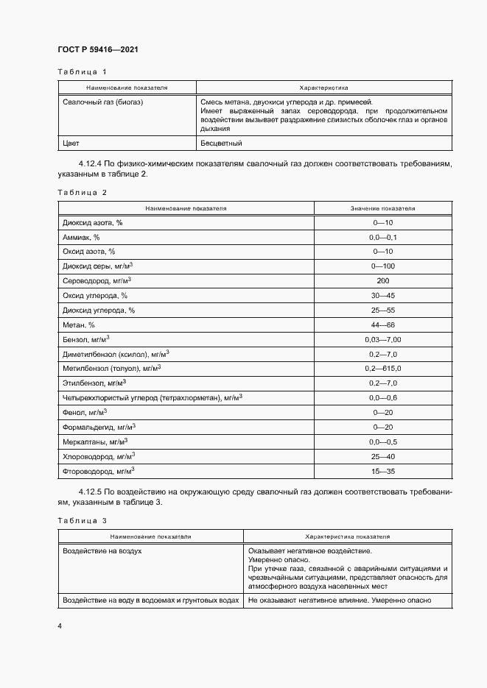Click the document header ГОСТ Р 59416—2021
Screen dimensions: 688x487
coord(97,49)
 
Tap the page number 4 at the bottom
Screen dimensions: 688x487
coord(60,625)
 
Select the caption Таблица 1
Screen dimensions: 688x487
coord(82,71)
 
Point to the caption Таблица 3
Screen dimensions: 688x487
coord(82,521)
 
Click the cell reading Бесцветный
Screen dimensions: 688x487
coord(221,143)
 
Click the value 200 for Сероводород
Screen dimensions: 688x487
coord(383,280)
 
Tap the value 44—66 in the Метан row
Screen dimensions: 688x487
coord(383,325)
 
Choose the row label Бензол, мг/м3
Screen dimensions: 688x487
coord(87,338)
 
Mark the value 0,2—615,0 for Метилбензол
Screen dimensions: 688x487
coord(383,368)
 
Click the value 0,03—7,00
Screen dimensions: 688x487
coord(383,339)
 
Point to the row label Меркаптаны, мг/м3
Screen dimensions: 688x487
coord(95,441)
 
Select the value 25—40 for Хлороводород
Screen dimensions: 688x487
coord(383,455)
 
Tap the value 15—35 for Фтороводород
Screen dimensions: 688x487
coord(383,470)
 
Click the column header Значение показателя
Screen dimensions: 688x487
coord(382,208)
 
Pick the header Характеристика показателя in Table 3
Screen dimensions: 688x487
coord(347,537)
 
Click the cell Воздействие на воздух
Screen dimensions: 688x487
coord(102,550)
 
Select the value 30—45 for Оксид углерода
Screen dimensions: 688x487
coord(383,295)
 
